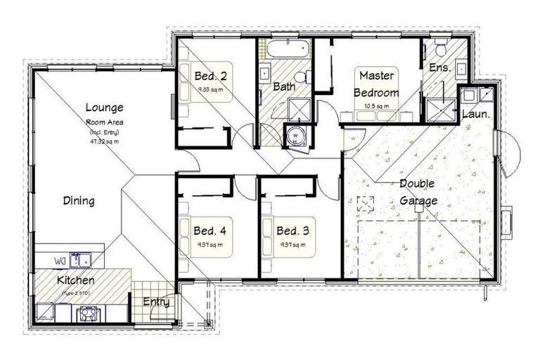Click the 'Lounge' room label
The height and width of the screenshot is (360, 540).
coord(104,108)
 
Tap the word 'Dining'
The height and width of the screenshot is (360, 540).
coord(79,201)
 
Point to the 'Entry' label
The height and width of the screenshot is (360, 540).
coord(156,302)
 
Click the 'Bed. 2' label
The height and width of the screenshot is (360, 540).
coord(211,76)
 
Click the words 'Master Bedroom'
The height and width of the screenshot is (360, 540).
coord(376,84)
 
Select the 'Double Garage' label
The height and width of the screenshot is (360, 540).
coord(418,192)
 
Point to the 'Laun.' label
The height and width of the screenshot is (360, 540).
coord(475,113)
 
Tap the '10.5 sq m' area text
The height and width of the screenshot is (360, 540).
coord(377,106)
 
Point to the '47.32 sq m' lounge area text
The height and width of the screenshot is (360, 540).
coord(104,141)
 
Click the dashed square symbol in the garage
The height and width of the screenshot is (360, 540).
coord(365,204)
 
